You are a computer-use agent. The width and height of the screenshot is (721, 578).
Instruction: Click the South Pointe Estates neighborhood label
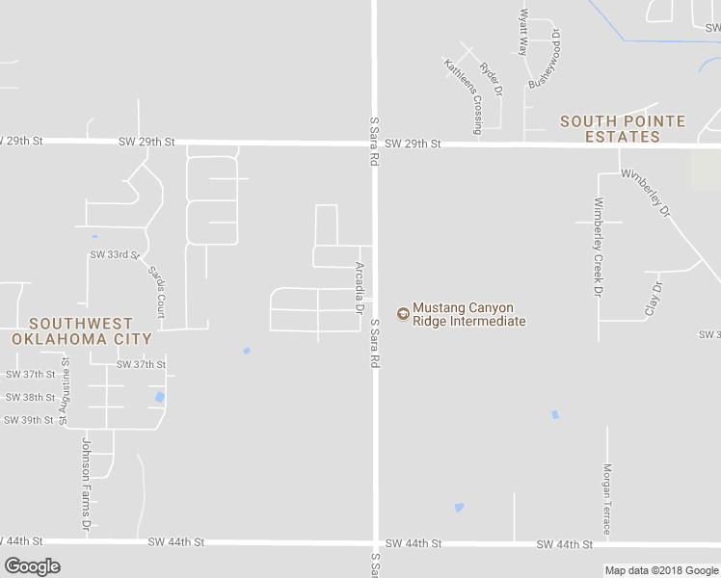click(x=623, y=129)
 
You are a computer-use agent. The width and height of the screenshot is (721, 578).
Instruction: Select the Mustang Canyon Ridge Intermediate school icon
click(x=402, y=311)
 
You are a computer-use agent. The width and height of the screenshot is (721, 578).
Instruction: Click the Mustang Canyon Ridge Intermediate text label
click(x=468, y=315)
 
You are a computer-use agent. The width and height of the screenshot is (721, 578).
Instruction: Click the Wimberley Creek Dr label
click(x=599, y=247)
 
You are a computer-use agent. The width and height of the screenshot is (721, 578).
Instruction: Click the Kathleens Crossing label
click(x=463, y=94)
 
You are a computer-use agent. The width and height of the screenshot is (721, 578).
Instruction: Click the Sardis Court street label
click(x=157, y=292)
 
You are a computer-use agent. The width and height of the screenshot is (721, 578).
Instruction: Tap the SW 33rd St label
click(x=115, y=255)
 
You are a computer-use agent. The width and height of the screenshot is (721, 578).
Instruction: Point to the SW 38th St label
click(x=30, y=397)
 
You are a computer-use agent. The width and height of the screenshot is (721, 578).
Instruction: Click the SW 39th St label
click(x=28, y=420)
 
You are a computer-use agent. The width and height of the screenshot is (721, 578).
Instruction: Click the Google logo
click(x=33, y=566)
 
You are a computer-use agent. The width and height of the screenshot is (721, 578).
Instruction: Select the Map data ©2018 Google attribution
click(x=661, y=570)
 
